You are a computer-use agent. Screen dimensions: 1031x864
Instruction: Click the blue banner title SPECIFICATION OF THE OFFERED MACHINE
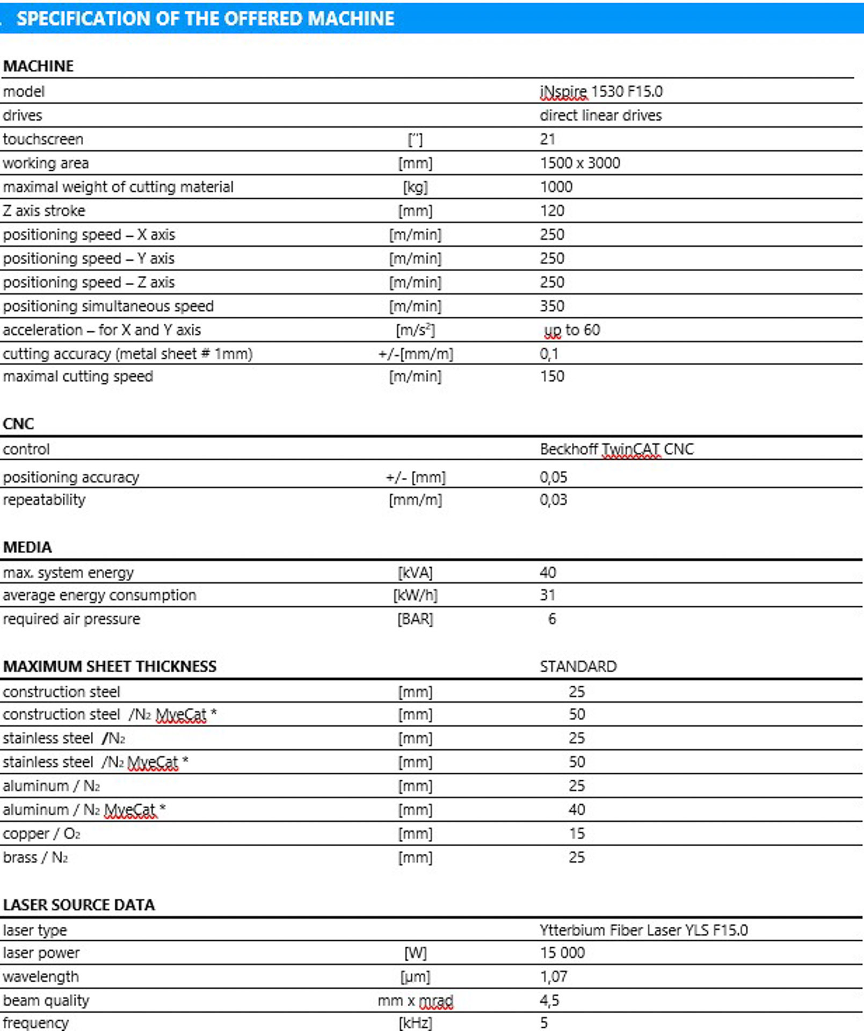(x=206, y=19)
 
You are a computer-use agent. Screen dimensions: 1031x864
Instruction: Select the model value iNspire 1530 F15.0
(x=601, y=92)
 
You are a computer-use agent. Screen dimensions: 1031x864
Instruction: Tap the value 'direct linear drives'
(x=600, y=115)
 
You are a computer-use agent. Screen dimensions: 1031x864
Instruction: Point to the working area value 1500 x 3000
(x=580, y=163)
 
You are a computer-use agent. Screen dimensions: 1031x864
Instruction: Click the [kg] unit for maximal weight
(x=415, y=187)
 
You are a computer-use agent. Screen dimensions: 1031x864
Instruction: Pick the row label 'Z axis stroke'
(x=44, y=210)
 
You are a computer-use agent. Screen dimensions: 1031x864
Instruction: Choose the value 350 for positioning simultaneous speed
(x=552, y=306)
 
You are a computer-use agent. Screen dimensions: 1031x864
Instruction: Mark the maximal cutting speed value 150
(x=552, y=376)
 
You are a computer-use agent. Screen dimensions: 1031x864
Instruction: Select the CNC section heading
(x=18, y=424)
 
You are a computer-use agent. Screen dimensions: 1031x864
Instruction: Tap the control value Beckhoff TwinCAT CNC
(x=616, y=449)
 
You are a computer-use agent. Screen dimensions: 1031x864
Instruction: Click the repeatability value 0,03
(x=553, y=499)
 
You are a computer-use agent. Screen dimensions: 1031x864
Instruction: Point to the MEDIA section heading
(x=27, y=547)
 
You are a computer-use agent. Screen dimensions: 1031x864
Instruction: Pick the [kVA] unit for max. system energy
(x=415, y=572)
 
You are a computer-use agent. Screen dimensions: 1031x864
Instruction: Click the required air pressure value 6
(x=552, y=619)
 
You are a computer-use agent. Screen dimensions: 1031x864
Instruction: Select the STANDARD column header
(x=578, y=666)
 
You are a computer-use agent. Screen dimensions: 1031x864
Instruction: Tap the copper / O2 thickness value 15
(x=577, y=833)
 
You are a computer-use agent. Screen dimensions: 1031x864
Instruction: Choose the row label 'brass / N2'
(x=35, y=857)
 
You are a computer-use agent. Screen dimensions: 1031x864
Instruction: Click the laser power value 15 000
(x=562, y=953)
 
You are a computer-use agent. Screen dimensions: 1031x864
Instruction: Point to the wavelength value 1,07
(x=553, y=976)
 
